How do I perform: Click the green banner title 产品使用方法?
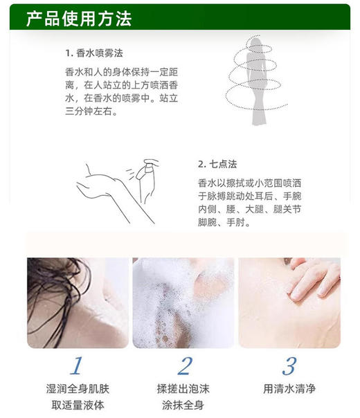(78, 19)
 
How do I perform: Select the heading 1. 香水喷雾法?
(95, 53)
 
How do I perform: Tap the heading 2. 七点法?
(217, 164)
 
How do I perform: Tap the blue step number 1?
(78, 365)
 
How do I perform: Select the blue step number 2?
(184, 365)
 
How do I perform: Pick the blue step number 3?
(289, 365)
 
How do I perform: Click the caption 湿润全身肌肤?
(78, 389)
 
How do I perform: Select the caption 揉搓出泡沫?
(183, 389)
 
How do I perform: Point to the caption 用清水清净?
(289, 389)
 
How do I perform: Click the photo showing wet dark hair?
(78, 302)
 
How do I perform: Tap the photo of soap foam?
(183, 302)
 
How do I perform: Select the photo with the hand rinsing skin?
(289, 302)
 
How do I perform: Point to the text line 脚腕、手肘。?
(224, 222)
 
